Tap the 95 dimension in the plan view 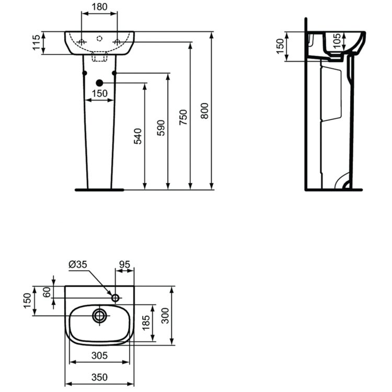(124, 265)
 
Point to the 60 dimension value (46, 292)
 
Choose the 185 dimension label (147, 317)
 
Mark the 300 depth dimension (166, 315)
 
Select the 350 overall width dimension (100, 378)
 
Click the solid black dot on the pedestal (99, 83)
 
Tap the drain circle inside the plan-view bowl (99, 315)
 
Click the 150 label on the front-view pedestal (99, 94)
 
